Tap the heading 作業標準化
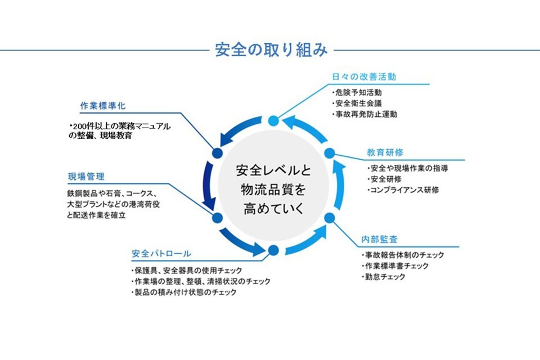(x=102, y=105)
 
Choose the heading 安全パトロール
(x=161, y=254)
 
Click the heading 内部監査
(x=380, y=240)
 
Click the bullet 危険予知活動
(x=358, y=92)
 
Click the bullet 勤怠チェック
(x=384, y=277)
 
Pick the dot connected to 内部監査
(x=330, y=217)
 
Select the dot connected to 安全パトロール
(x=273, y=250)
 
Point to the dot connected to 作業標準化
(x=217, y=152)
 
